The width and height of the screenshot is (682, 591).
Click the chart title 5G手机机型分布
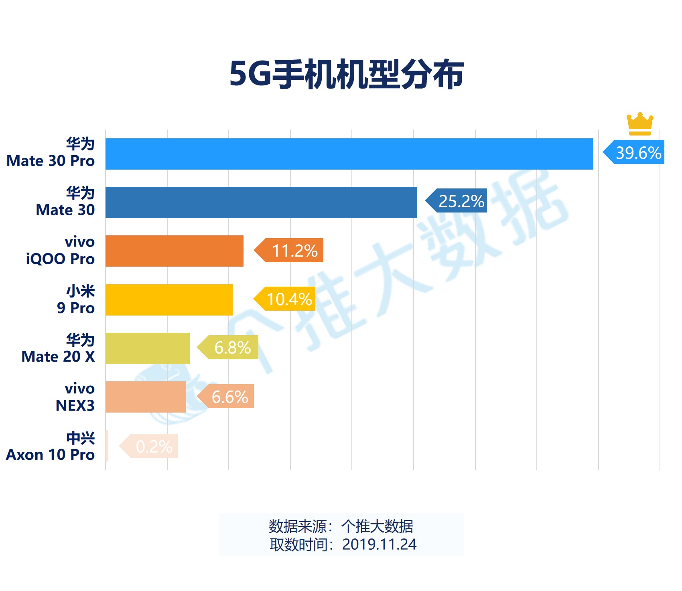(x=347, y=74)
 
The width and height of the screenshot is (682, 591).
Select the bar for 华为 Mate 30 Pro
(x=349, y=154)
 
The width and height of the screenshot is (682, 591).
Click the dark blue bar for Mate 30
(x=261, y=202)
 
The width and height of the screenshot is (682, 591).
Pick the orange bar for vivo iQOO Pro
(x=174, y=251)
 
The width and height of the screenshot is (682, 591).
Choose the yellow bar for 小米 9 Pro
(x=169, y=300)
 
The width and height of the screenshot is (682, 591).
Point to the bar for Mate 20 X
(x=147, y=348)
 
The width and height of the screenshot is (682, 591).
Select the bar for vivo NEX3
(x=146, y=397)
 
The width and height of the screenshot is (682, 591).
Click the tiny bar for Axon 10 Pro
(x=107, y=445)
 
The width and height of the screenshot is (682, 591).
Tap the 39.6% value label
(x=638, y=152)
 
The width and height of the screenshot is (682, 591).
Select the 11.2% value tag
(x=294, y=251)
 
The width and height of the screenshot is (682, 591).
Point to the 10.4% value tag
(x=289, y=299)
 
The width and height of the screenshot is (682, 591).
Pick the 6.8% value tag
(x=232, y=348)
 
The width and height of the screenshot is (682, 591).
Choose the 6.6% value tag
(x=229, y=397)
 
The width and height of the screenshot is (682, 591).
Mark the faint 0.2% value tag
(x=154, y=446)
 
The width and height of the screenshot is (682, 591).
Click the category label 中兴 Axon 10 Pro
(x=51, y=446)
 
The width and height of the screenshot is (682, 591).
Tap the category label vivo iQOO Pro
(x=61, y=251)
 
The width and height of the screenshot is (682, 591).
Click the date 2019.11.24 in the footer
(x=379, y=544)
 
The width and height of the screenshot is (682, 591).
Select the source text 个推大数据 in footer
(x=377, y=526)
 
